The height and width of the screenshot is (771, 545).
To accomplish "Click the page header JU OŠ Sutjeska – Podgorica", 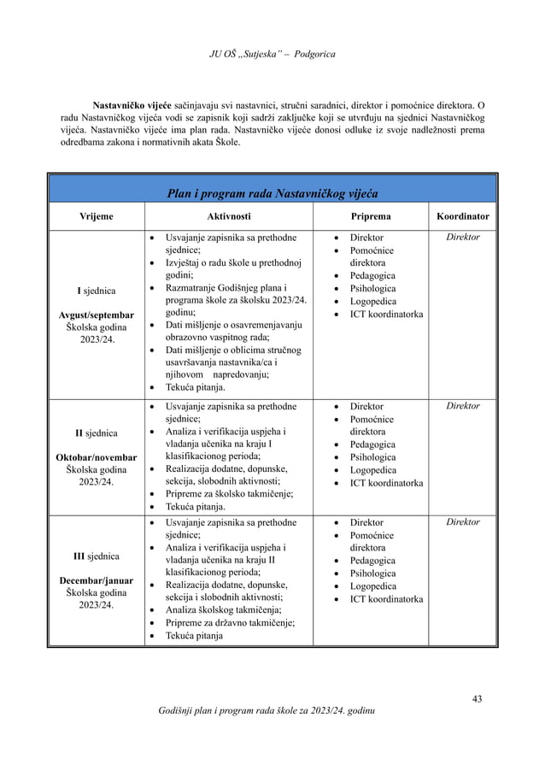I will click(x=272, y=56).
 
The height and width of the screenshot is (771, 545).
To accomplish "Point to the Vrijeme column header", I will click(x=95, y=217).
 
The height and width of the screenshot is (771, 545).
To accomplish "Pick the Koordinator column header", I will click(x=463, y=217).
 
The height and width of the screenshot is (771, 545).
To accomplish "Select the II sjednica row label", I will click(x=96, y=433).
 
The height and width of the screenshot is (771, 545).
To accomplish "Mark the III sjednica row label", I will click(x=96, y=557).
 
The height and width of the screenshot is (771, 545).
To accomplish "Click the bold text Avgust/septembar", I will click(x=96, y=315).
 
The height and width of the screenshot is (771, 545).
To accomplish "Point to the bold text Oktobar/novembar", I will click(x=96, y=456).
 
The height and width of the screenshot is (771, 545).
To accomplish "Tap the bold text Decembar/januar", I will click(x=96, y=580).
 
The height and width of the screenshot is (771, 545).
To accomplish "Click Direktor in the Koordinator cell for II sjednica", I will click(x=463, y=406).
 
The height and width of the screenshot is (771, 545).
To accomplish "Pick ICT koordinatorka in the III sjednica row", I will click(x=386, y=599).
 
